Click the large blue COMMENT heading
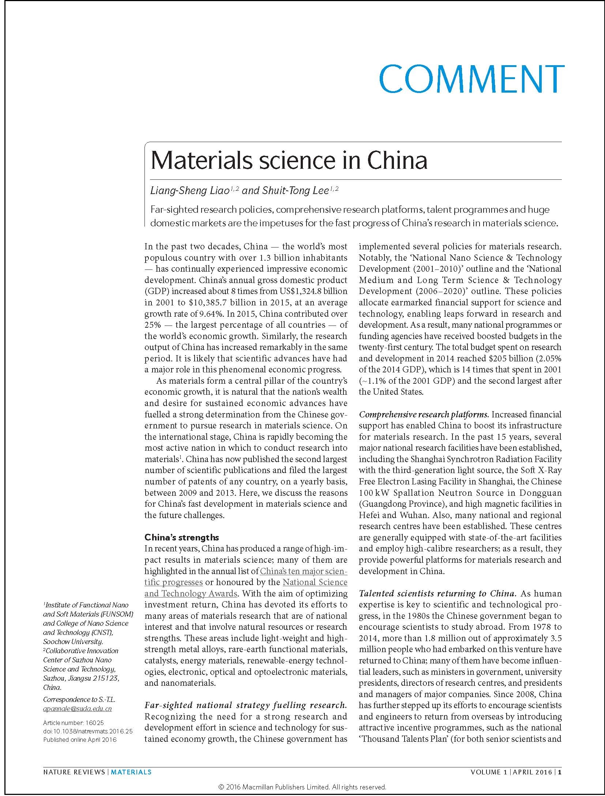pyautogui.click(x=472, y=79)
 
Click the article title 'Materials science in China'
pyautogui.click(x=289, y=160)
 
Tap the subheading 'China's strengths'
pyautogui.click(x=182, y=537)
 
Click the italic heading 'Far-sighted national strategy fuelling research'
pyautogui.click(x=245, y=705)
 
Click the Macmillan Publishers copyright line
pyautogui.click(x=302, y=784)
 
